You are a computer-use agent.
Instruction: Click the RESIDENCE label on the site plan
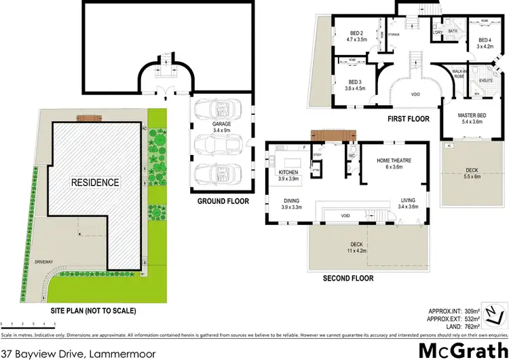click(x=96, y=183)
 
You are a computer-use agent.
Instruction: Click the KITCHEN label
click(x=288, y=173)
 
